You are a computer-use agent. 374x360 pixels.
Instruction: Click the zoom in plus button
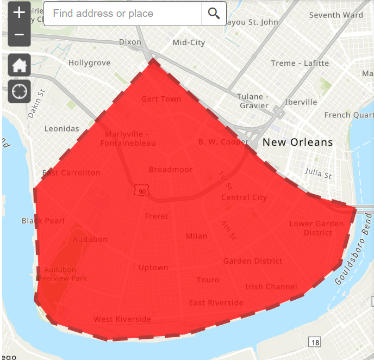click(x=19, y=13)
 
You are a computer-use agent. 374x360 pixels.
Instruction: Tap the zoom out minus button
click(x=19, y=35)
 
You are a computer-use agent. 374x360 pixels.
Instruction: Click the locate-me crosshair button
click(x=19, y=91)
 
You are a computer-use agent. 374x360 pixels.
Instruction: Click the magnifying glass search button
click(x=214, y=14)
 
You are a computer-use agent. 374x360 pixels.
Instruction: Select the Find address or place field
click(x=123, y=14)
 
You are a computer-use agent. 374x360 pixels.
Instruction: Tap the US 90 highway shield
click(x=142, y=191)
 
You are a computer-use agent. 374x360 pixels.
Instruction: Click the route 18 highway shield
click(x=314, y=342)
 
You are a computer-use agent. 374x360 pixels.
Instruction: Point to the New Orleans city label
click(x=297, y=142)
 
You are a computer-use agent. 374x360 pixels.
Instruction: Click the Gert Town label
click(x=161, y=99)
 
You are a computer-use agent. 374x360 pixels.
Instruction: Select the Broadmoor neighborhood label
click(x=171, y=170)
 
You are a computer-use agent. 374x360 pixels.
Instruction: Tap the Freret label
click(x=157, y=216)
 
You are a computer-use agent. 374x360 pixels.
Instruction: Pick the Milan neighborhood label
click(x=196, y=236)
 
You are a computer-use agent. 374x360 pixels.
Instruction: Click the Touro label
click(x=208, y=280)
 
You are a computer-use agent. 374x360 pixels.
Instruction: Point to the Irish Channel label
click(x=271, y=287)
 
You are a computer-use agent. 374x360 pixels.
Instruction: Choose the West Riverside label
click(x=122, y=319)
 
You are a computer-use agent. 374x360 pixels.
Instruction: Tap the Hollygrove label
click(x=89, y=63)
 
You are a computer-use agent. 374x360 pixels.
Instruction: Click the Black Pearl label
click(x=43, y=221)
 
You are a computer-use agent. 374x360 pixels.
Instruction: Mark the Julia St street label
click(x=318, y=174)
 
